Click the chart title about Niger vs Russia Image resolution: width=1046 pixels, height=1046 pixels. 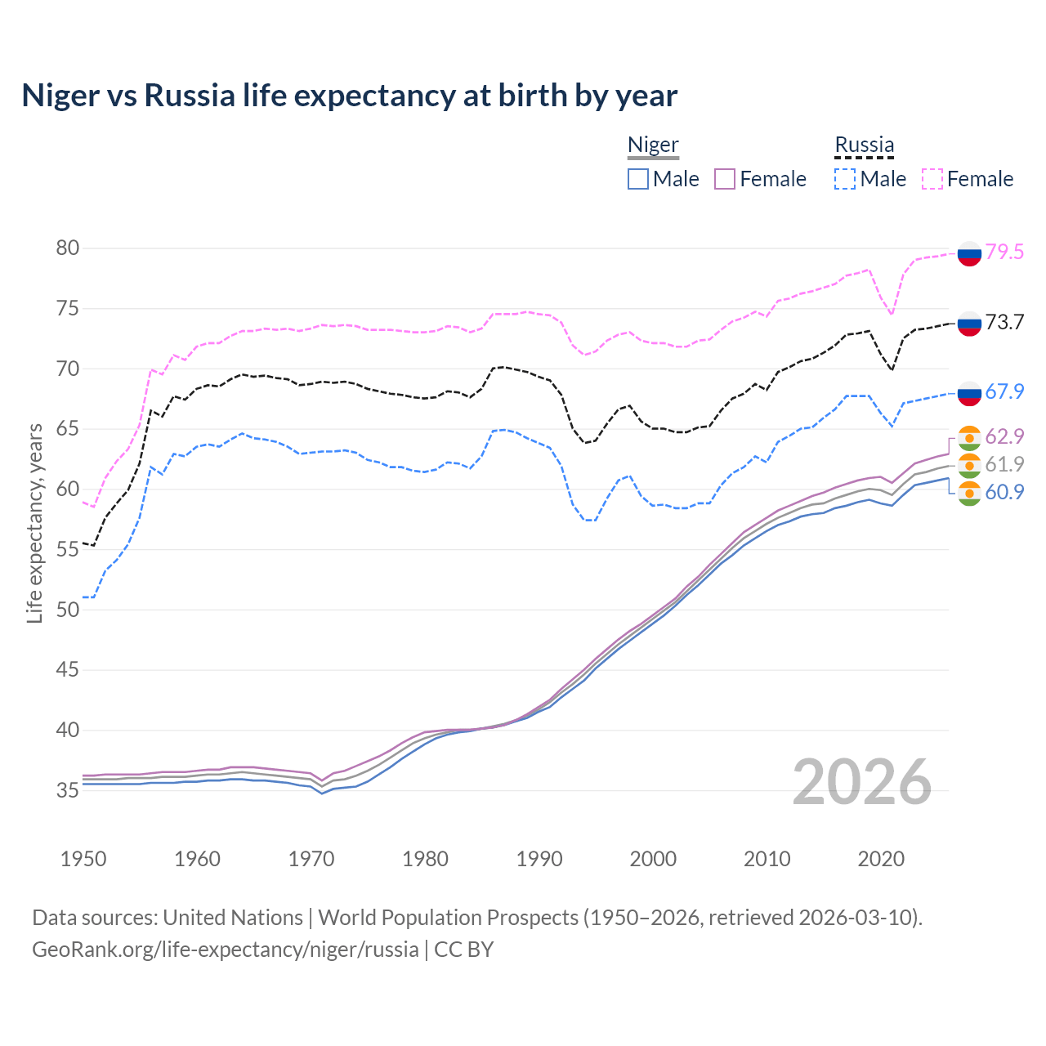349,96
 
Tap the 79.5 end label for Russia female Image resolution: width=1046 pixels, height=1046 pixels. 1004,252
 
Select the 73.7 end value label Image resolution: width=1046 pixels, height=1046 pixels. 1004,322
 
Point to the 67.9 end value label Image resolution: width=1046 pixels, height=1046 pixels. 1004,391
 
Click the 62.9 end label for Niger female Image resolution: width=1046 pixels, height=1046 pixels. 1004,436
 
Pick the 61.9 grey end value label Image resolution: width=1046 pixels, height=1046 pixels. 1004,464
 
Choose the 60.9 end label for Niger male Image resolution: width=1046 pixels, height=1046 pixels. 1004,492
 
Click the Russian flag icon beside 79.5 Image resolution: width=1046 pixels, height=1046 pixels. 969,253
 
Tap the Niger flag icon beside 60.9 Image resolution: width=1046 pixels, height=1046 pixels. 969,494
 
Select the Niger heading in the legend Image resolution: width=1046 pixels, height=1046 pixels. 653,145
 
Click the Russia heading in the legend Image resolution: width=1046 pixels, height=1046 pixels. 864,145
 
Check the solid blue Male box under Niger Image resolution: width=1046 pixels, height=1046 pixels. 638,179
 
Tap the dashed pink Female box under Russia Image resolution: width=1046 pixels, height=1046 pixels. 932,179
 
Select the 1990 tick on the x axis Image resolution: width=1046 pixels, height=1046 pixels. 539,859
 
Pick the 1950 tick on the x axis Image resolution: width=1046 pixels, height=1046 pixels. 83,859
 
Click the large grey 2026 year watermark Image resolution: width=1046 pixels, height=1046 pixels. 861,782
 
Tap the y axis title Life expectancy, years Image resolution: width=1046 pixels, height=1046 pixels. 34,523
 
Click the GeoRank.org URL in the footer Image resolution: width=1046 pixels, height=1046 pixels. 225,950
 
